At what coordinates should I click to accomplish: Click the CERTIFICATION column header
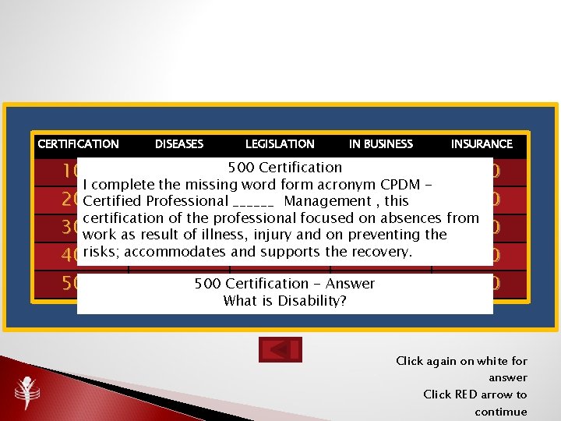pyautogui.click(x=78, y=144)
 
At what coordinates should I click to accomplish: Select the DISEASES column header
pyautogui.click(x=179, y=144)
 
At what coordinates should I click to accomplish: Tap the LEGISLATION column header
pyautogui.click(x=280, y=144)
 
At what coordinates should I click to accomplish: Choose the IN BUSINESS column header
pyautogui.click(x=381, y=144)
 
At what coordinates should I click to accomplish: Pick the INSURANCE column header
pyautogui.click(x=482, y=144)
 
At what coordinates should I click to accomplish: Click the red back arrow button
pyautogui.click(x=280, y=350)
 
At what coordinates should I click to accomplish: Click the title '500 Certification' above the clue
pyautogui.click(x=284, y=168)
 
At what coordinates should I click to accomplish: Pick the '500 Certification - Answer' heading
pyautogui.click(x=284, y=284)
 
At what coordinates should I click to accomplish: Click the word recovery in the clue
pyautogui.click(x=383, y=252)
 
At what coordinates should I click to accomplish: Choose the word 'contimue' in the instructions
pyautogui.click(x=501, y=412)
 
